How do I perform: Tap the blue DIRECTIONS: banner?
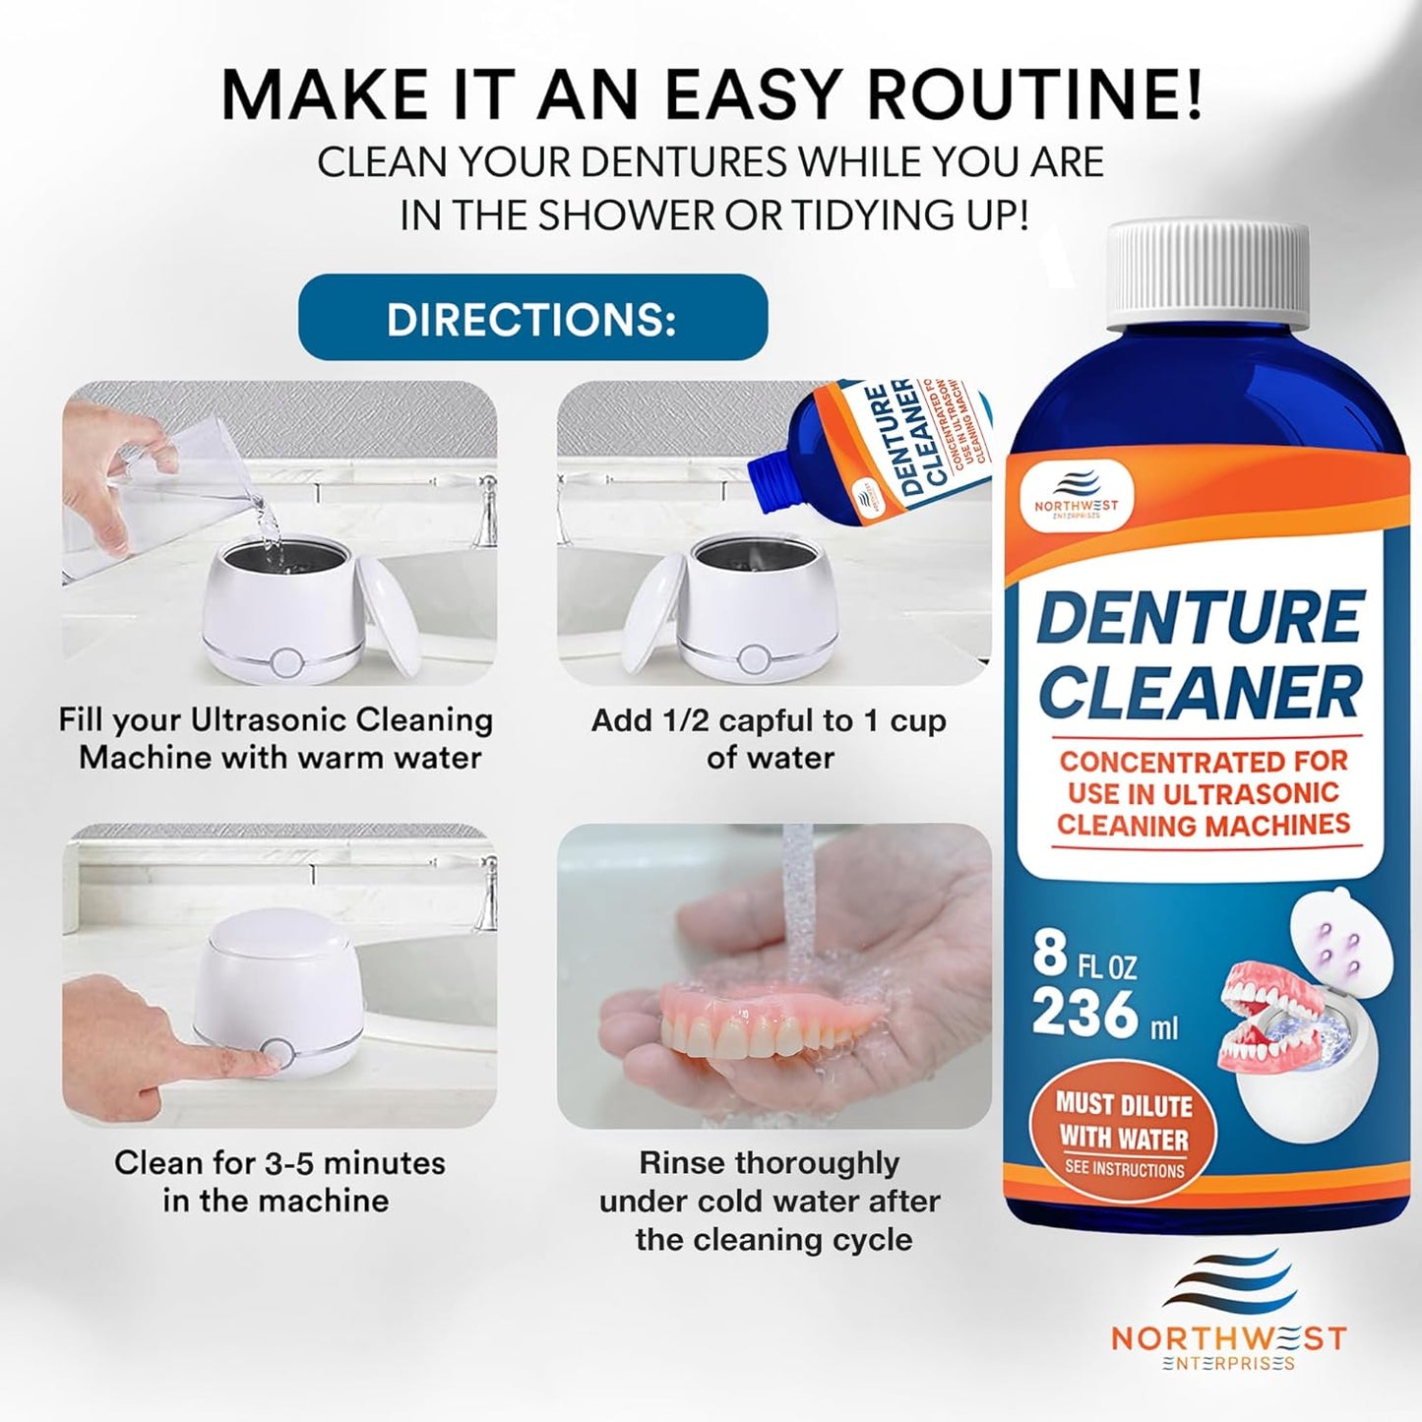click(x=532, y=318)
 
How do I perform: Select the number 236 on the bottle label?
click(x=1085, y=1012)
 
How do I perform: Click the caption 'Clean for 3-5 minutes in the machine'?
click(x=278, y=1181)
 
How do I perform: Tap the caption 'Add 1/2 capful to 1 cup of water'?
click(x=769, y=739)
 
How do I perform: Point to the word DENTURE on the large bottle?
click(x=1202, y=617)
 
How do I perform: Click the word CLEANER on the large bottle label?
click(x=1201, y=692)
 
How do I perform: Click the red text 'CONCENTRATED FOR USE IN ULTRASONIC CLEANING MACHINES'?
click(x=1203, y=793)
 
